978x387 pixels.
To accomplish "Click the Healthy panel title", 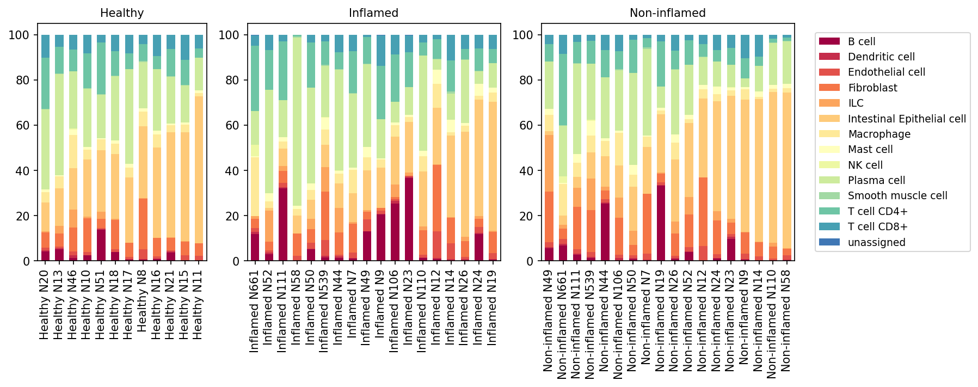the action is pyautogui.click(x=122, y=13).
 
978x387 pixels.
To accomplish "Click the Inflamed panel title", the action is pyautogui.click(x=373, y=13).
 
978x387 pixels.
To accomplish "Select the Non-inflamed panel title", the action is pyautogui.click(x=667, y=13).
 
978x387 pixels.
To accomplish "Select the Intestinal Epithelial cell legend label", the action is pyautogui.click(x=907, y=119).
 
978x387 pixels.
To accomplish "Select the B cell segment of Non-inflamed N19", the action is pyautogui.click(x=661, y=223).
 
